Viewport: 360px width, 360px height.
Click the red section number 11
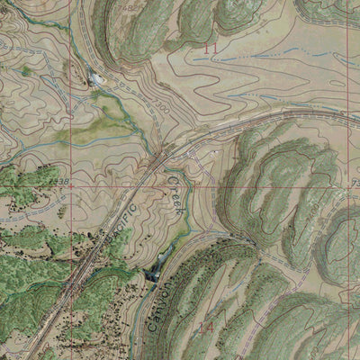click(x=212, y=46)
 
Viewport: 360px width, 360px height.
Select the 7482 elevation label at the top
click(x=130, y=5)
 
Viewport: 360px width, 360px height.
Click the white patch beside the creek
click(x=96, y=80)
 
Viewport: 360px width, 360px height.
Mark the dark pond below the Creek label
click(x=153, y=265)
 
